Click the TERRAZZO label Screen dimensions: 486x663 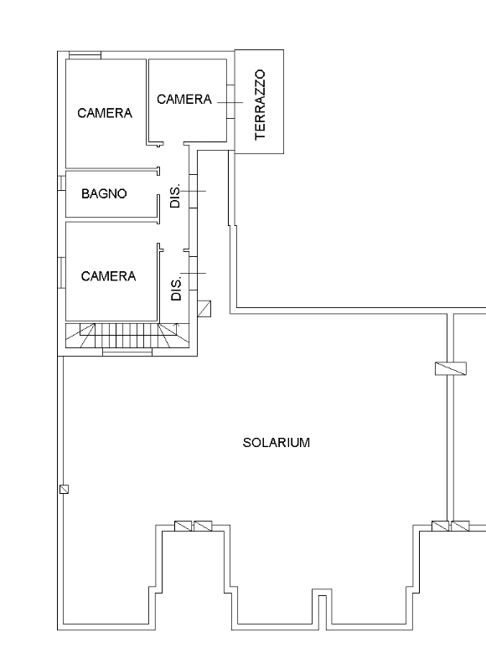coord(260,105)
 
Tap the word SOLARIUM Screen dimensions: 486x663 coord(276,443)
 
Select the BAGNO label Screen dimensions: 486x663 coord(104,193)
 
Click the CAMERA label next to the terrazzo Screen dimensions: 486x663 coord(184,100)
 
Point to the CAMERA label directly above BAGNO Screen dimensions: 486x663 coord(105,113)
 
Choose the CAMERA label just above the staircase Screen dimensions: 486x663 coord(108,276)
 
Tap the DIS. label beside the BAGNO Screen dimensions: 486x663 coord(175,195)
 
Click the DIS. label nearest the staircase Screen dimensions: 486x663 coord(176,289)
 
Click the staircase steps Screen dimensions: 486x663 coord(127,336)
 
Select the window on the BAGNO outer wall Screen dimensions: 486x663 coord(61,182)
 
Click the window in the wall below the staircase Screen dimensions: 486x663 coord(127,352)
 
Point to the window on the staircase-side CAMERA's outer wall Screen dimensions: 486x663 coord(61,273)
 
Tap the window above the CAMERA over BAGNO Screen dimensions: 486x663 coord(85,55)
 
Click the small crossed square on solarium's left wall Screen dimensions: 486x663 coord(64,489)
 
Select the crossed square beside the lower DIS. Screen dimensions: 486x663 coord(204,309)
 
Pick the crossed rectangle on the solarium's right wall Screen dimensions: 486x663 coord(451,368)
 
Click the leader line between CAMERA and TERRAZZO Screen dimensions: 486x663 coord(230,102)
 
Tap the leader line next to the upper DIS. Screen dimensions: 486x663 coord(193,191)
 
